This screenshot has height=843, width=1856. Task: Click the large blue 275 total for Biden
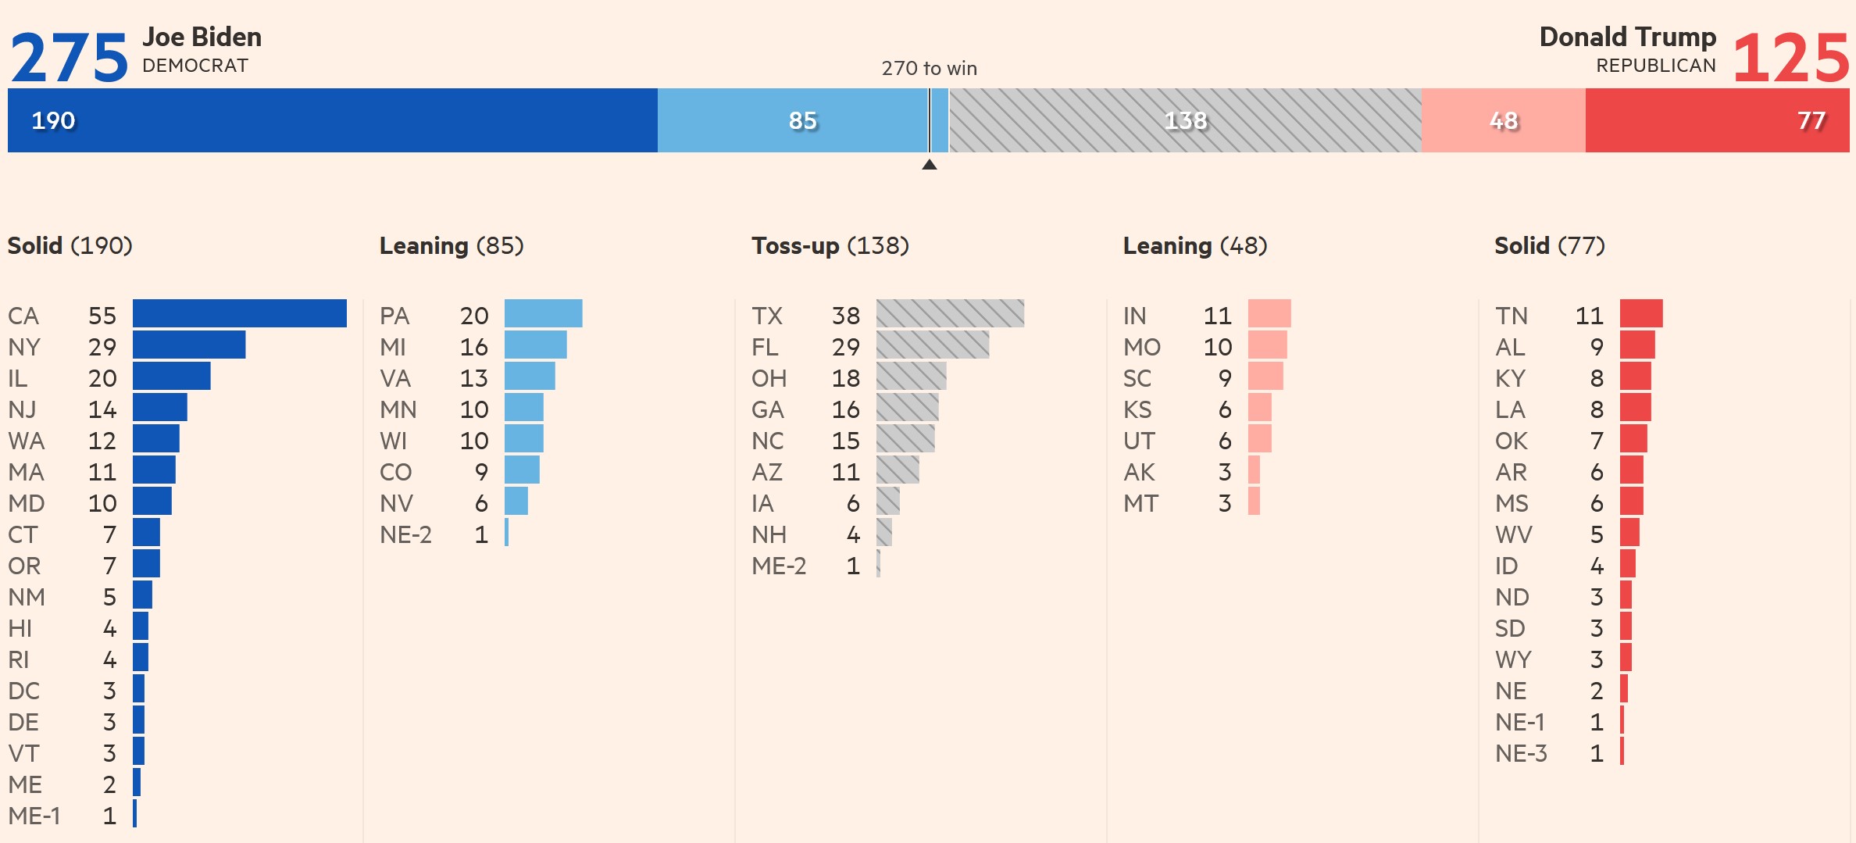pos(69,59)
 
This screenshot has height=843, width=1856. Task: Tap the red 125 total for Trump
pos(1790,59)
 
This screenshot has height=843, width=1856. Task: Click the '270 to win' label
pos(929,69)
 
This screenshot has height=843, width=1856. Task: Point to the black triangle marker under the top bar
pos(929,164)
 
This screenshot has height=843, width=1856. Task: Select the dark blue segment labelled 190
pos(332,120)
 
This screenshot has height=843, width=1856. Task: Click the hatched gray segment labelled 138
pos(1185,120)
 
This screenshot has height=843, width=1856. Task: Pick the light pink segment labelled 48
pos(1503,120)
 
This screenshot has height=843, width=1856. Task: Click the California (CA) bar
pos(239,313)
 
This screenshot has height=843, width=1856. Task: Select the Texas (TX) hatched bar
pos(950,313)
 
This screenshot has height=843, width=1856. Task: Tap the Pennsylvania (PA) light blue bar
pos(543,313)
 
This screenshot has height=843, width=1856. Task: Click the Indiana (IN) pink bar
pos(1269,313)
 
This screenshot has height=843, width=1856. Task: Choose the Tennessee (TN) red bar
pos(1641,313)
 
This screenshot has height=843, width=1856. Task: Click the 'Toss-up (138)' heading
pos(830,246)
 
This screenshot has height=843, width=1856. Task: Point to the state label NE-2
pos(405,535)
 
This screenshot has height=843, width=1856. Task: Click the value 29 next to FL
pos(845,347)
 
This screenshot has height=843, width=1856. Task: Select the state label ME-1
pos(34,816)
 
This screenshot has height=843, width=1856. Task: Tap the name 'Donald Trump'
pos(1627,37)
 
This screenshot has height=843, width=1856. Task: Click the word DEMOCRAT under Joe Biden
pos(195,66)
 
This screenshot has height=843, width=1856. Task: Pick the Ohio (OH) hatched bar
pos(911,376)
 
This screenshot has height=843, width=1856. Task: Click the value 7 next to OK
pos(1597,441)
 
